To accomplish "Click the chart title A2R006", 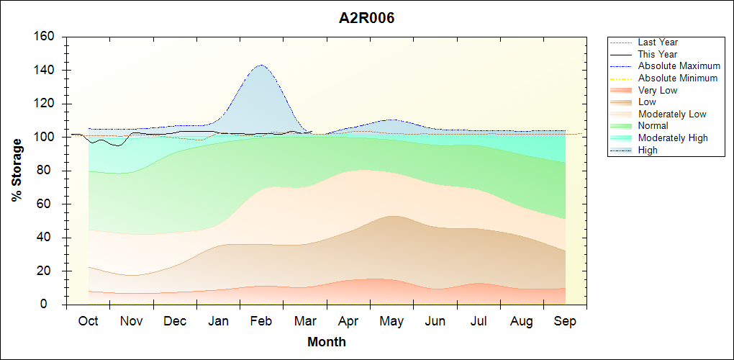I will point(366,18).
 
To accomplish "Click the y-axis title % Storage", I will point(17,170).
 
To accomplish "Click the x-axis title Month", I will point(326,342).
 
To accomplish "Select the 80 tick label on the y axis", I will point(50,171).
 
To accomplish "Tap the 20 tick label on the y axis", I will point(50,271).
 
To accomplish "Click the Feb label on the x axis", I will point(261,321).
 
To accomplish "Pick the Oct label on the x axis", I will point(88,321).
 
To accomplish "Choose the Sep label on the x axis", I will point(565,321).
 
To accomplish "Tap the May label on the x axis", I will point(391,321).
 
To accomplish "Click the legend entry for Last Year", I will point(658,42).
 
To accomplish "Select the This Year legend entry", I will point(658,54).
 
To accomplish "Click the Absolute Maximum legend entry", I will point(679,66).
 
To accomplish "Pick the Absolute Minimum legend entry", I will point(678,78).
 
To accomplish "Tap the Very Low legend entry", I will point(658,90).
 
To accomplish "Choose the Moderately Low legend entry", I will point(672,114).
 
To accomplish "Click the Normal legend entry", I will point(653,126).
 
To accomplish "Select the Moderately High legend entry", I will point(673,138).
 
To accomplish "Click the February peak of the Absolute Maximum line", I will point(260,66).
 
